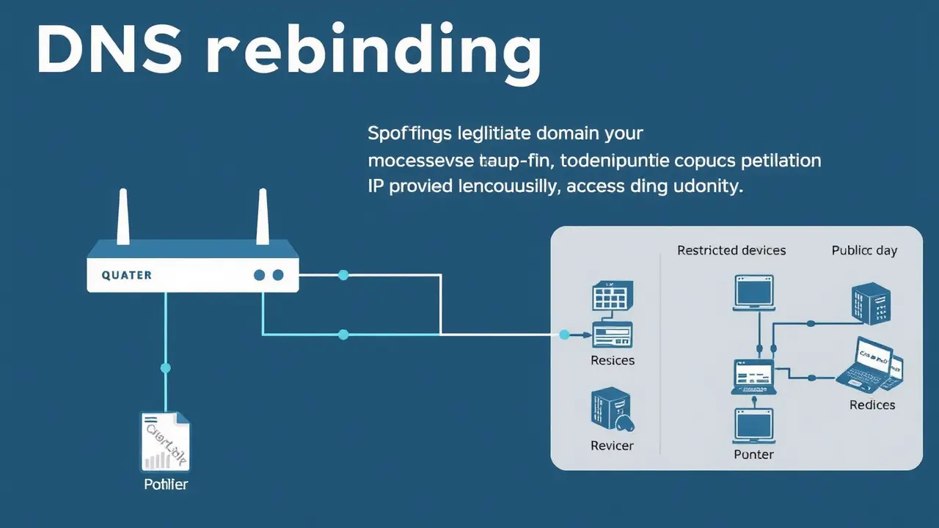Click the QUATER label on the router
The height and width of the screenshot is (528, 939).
coord(127,275)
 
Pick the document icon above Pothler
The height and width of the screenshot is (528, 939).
coord(165,441)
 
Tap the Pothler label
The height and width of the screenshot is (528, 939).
coord(166,484)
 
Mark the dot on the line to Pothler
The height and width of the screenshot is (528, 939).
coord(165,368)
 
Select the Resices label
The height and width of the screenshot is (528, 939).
coord(613,361)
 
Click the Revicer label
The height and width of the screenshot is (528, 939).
coord(612,445)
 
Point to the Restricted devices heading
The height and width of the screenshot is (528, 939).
coord(731,251)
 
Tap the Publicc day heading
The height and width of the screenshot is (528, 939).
coord(864,251)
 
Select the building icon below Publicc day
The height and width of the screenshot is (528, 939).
coord(871,304)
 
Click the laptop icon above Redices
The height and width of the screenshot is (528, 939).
coord(869,364)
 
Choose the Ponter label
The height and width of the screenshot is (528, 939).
coord(754,455)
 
